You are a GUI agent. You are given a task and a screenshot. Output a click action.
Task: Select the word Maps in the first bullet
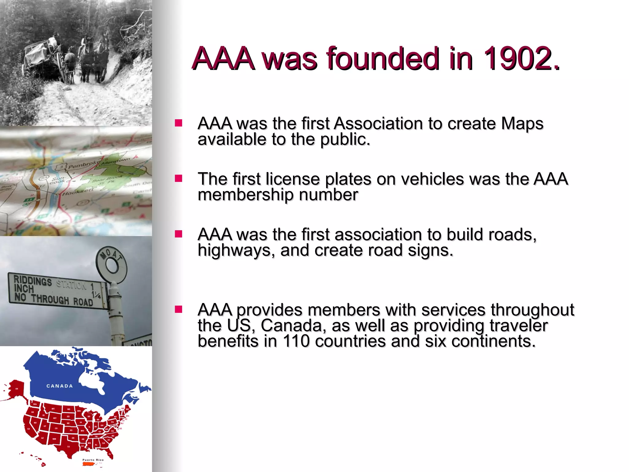(x=522, y=124)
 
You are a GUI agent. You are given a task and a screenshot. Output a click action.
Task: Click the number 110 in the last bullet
(x=296, y=341)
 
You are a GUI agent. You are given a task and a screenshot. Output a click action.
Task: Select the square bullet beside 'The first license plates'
(x=178, y=179)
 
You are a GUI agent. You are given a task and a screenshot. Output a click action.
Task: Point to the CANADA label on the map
(x=60, y=386)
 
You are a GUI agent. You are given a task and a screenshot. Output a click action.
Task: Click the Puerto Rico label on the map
(x=93, y=460)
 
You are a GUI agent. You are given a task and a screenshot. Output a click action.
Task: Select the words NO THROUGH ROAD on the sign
(x=54, y=300)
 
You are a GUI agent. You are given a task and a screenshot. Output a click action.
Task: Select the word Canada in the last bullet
(x=293, y=326)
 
